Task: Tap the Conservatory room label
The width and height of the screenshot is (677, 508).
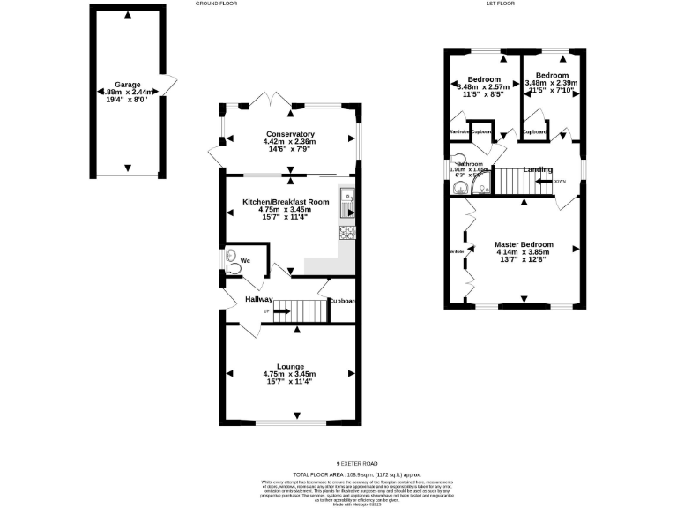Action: [x=290, y=134]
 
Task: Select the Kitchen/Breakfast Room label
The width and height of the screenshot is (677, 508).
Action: [x=286, y=202]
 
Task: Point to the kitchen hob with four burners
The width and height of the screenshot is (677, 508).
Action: [x=347, y=234]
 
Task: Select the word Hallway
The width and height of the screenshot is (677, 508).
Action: [x=259, y=300]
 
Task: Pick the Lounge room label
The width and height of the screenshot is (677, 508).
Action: [x=290, y=366]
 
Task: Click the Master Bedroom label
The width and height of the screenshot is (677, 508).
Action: [x=524, y=244]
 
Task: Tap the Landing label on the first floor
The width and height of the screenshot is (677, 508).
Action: [x=537, y=169]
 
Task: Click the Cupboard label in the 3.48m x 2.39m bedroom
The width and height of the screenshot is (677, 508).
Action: [x=535, y=132]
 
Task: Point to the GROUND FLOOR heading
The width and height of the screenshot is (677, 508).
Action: [x=216, y=4]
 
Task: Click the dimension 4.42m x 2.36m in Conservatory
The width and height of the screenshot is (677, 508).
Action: [x=290, y=142]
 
